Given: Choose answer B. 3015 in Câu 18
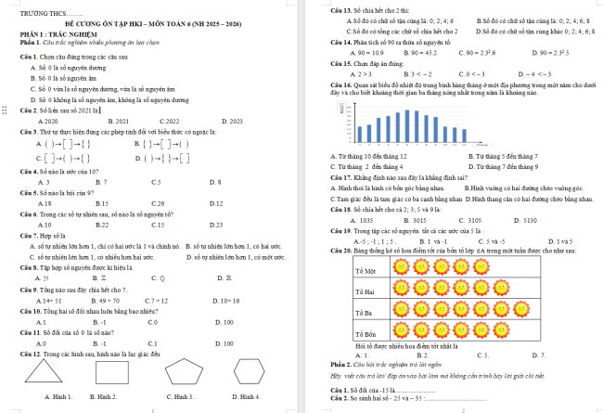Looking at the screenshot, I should pos(421,195).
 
